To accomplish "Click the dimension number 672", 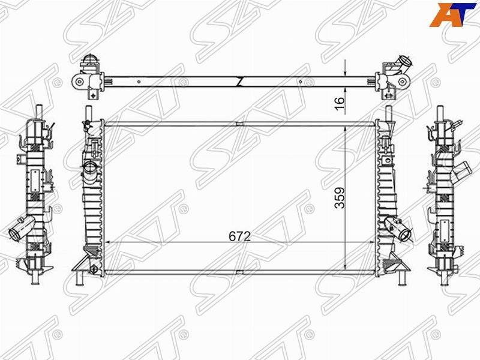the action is click(x=239, y=236).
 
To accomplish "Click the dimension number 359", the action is click(x=340, y=198).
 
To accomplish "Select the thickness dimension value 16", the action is click(x=340, y=104).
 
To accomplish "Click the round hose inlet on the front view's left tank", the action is click(x=91, y=167).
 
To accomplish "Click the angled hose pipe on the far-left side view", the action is click(x=21, y=230).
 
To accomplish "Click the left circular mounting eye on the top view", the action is click(x=80, y=82).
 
